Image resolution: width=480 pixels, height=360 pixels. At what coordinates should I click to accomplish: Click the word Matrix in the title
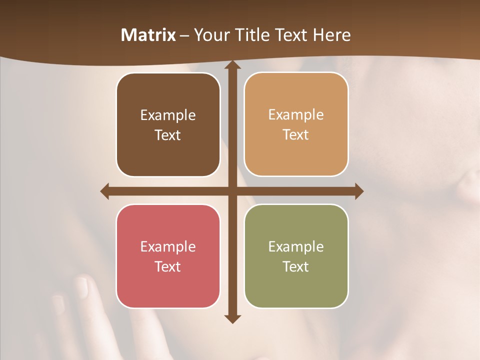148,35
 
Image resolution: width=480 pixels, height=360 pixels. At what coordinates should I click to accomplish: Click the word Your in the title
208,35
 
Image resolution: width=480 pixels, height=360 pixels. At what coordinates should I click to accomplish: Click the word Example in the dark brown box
168,115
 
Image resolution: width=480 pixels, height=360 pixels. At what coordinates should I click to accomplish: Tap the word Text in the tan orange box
295,135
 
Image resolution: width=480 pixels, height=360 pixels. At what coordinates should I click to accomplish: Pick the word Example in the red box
168,246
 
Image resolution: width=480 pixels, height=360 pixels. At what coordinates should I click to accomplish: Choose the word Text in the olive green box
295,266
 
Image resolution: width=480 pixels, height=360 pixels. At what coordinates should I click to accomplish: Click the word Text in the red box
167,266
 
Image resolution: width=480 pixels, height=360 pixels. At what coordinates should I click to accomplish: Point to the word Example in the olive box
296,246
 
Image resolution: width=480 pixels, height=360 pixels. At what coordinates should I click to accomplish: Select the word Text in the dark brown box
167,135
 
